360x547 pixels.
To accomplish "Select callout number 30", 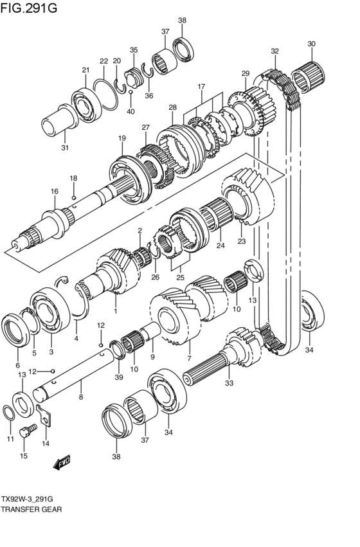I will [311, 44].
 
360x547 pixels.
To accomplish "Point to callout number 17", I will [201, 86].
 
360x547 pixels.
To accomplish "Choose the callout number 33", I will [228, 384].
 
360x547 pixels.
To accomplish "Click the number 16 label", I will [54, 191].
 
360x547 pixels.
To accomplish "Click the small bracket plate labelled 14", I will [44, 415].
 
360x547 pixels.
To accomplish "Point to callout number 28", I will [172, 107].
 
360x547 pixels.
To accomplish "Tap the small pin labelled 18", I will [75, 197].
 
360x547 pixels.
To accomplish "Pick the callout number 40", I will [130, 112].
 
